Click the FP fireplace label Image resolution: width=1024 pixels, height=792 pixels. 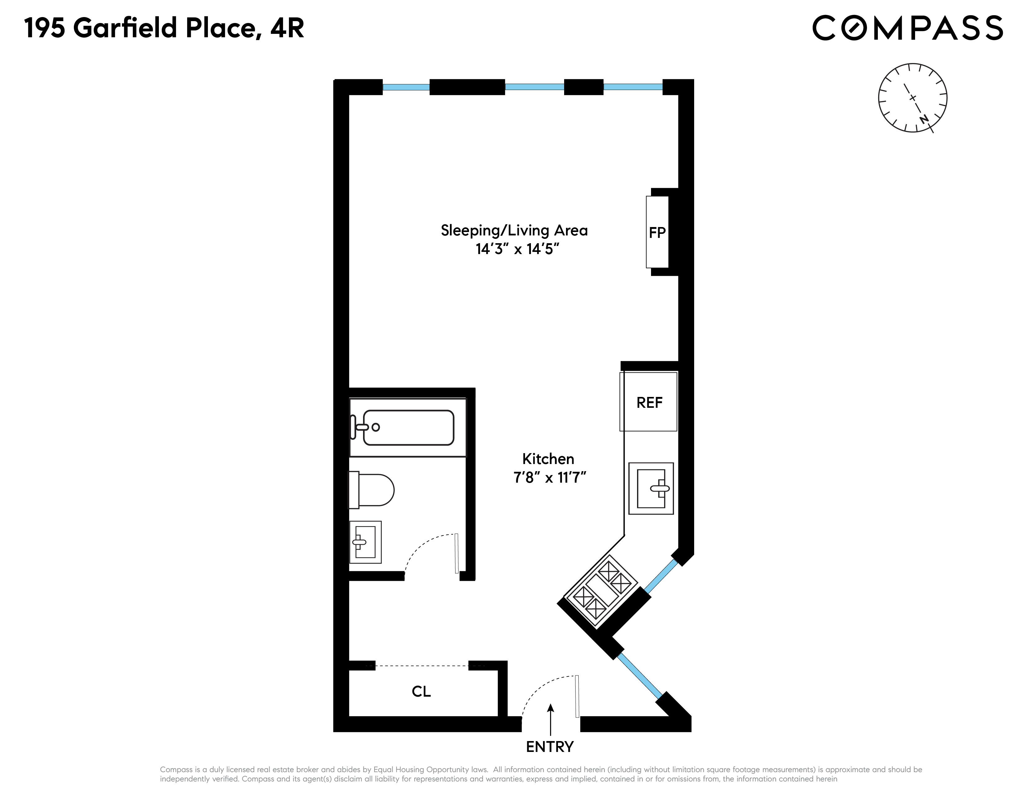coord(657,233)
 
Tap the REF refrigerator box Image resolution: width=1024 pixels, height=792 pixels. coord(649,402)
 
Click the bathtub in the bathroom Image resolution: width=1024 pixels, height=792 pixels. coord(408,427)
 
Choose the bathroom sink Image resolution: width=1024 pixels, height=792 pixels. coord(365,542)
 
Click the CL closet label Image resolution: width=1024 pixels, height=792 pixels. coord(421,692)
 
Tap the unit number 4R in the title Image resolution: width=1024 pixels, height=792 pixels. coord(287,28)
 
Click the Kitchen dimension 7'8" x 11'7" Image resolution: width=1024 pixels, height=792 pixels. coord(550,478)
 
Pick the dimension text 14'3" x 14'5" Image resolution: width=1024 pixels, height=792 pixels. coord(517,249)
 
